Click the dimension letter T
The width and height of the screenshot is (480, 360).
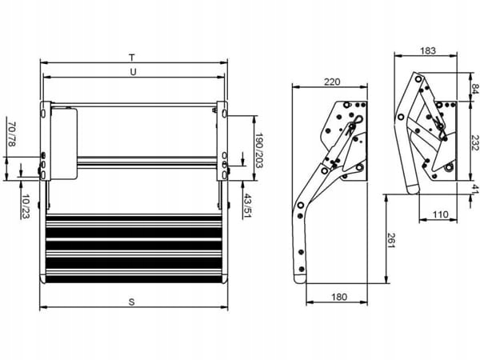click(x=132, y=57)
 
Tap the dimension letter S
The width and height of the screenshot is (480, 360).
click(x=131, y=301)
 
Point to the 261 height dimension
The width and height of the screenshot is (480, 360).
click(x=392, y=238)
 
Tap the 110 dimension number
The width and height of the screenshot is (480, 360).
click(x=440, y=215)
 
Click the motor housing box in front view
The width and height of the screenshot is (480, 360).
click(x=64, y=144)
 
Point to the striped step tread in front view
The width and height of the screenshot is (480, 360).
click(x=134, y=248)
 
